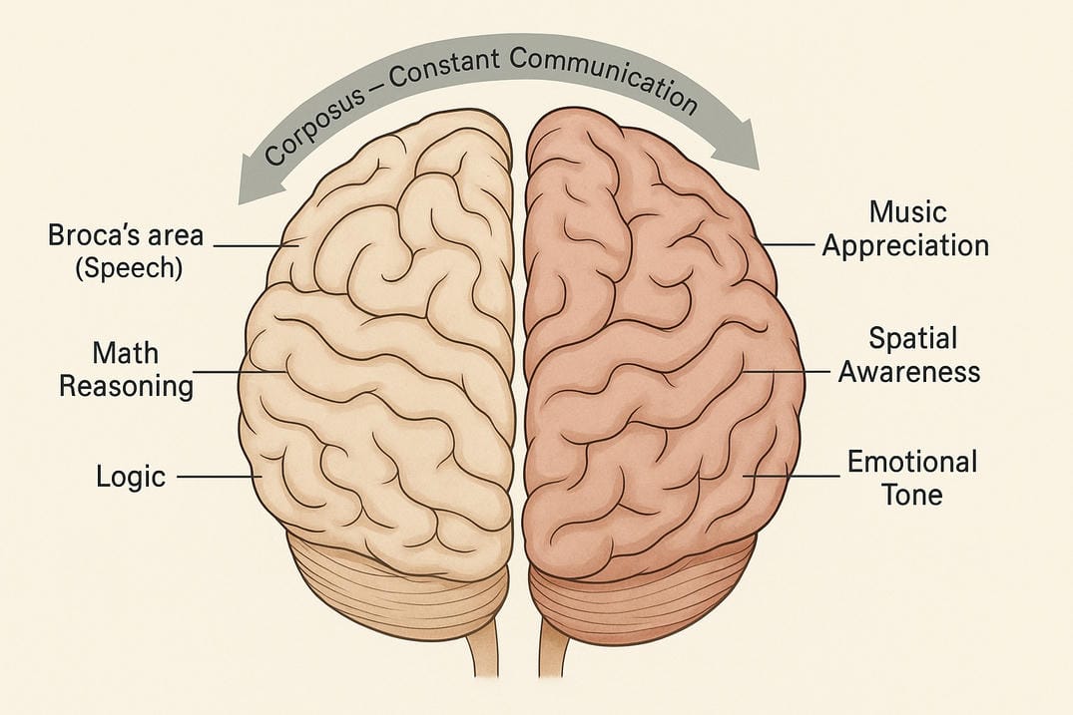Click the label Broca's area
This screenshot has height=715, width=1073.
coord(125,237)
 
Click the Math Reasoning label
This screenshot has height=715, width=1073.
coord(126,369)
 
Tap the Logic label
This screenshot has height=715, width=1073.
coord(130,476)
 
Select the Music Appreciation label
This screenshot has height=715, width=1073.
coord(905,228)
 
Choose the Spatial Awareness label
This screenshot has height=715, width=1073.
coord(908,354)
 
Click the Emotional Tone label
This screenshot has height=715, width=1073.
coord(911,478)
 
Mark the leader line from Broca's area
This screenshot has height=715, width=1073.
coord(255,244)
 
